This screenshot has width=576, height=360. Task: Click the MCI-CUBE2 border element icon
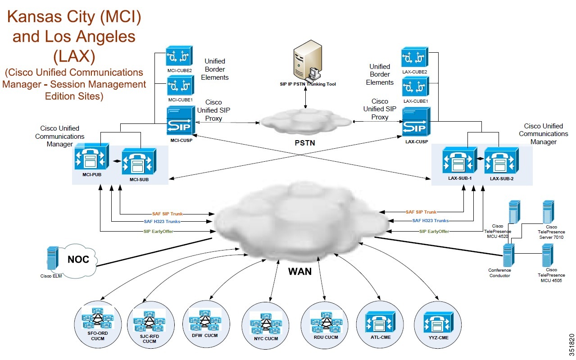[179, 56]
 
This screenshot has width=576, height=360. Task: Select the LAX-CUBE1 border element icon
[414, 87]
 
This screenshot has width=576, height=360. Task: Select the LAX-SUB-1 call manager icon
[459, 161]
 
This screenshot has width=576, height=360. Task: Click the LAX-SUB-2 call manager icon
[502, 161]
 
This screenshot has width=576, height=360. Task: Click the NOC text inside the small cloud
[78, 260]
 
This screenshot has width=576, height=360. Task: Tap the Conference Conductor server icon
[508, 255]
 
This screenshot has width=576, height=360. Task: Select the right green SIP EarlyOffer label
[434, 231]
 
